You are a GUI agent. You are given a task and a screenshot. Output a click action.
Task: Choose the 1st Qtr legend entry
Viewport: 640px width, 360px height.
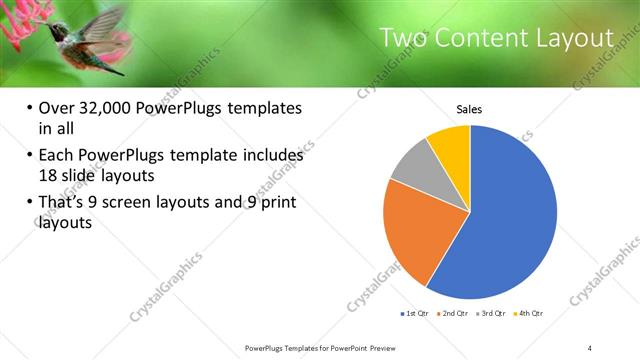(415, 314)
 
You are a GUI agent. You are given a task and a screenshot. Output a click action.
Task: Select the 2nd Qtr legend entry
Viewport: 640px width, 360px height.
(454, 314)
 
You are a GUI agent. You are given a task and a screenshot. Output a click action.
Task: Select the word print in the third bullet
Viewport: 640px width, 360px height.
(275, 203)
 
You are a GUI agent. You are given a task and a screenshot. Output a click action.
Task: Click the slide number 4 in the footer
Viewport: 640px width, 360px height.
(590, 347)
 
